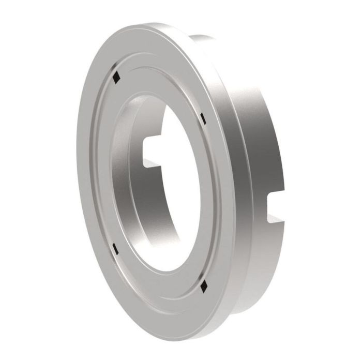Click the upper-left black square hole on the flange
[x=117, y=77]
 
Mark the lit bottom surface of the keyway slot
[x=153, y=164]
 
